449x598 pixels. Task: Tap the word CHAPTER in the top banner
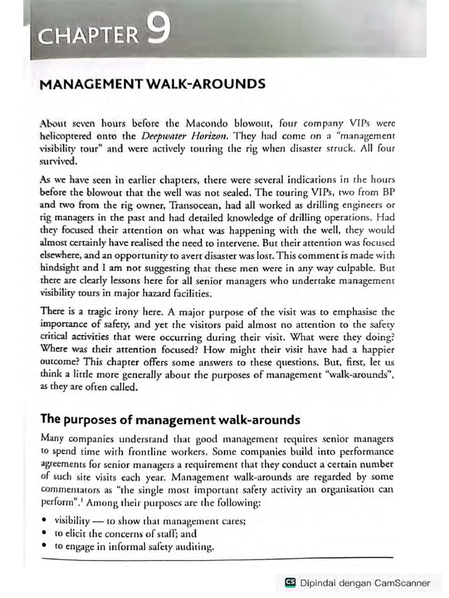[x=87, y=36]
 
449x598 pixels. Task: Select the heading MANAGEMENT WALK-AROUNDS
[x=152, y=84]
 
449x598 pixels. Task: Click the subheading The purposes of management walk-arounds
[x=170, y=403]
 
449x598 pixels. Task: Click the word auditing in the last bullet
[x=195, y=547]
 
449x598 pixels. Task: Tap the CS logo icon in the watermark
[x=289, y=583]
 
